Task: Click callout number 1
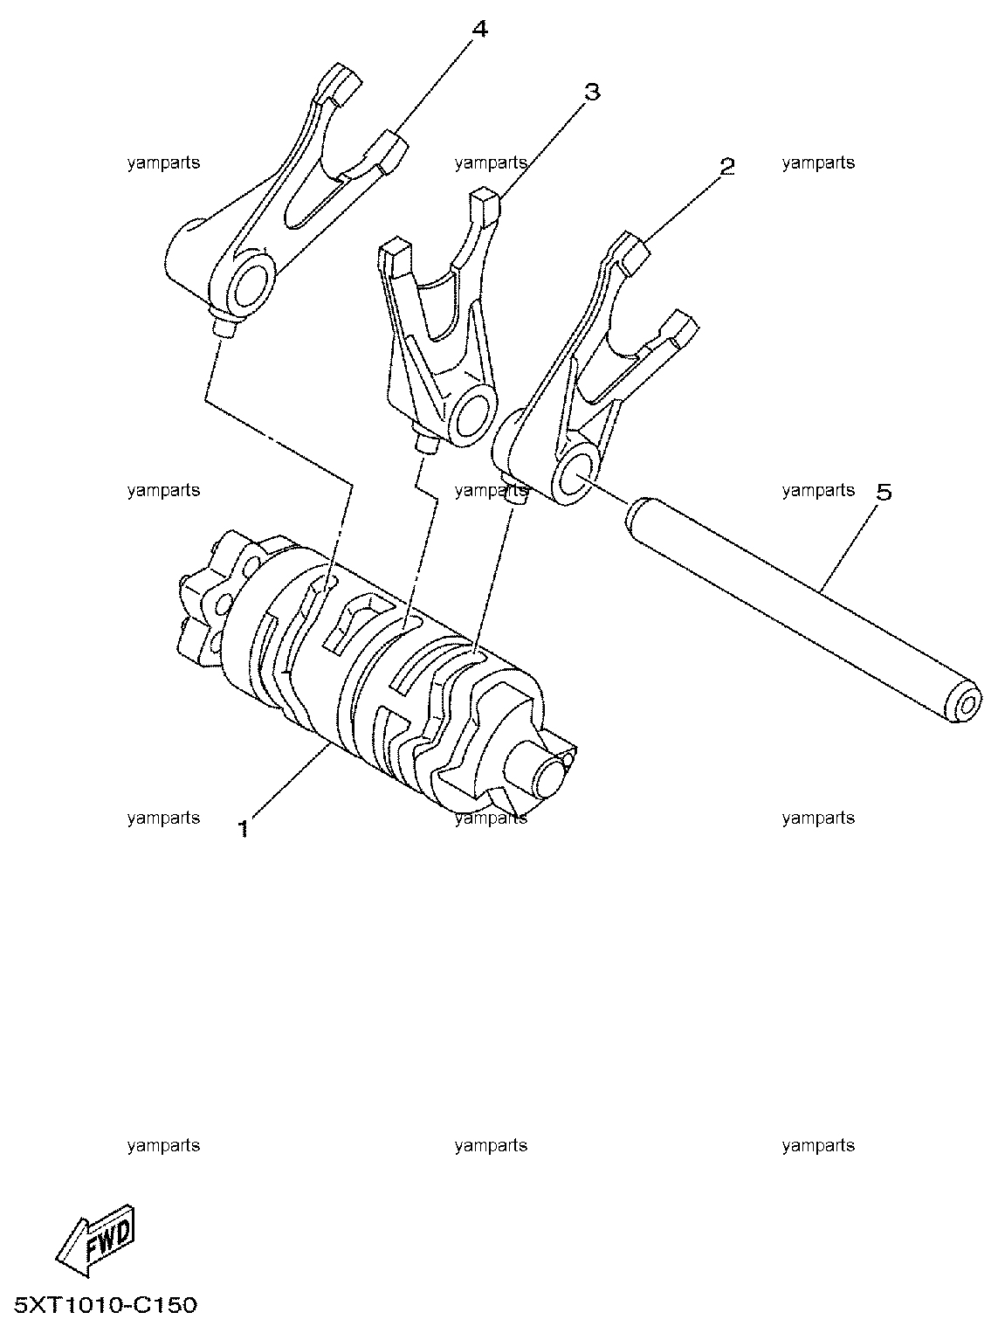click(x=244, y=827)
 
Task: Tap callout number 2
click(x=726, y=166)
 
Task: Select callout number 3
click(x=592, y=93)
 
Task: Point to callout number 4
click(x=479, y=29)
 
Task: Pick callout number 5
click(x=884, y=493)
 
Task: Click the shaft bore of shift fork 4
click(x=250, y=287)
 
